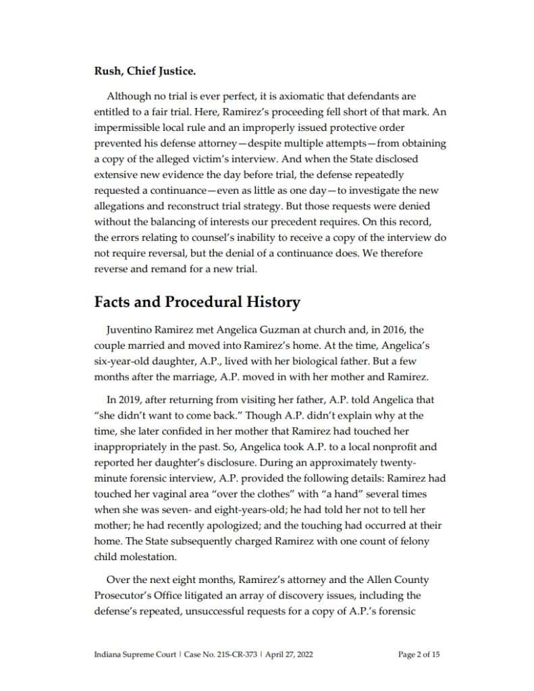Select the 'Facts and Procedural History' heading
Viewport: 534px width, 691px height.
click(x=196, y=302)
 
